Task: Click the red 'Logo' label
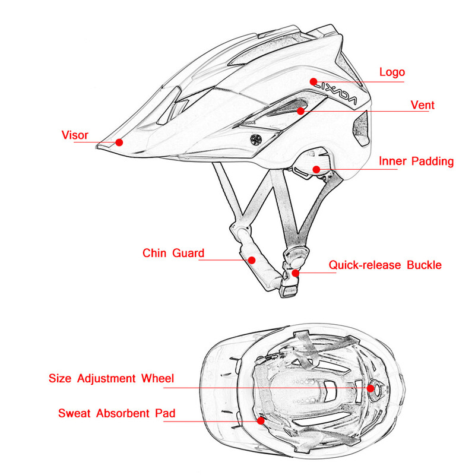click(x=392, y=72)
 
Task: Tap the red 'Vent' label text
click(x=423, y=105)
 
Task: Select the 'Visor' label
click(x=75, y=135)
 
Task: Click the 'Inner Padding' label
click(x=416, y=161)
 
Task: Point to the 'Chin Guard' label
click(x=173, y=253)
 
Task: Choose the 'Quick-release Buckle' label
click(x=385, y=265)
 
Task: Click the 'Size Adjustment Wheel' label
click(x=111, y=378)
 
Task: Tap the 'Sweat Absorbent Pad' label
click(x=117, y=413)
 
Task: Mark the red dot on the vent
click(x=301, y=110)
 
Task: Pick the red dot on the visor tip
click(x=119, y=142)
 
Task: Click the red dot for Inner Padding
click(x=316, y=169)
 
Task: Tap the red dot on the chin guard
click(x=252, y=259)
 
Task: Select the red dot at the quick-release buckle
click(x=295, y=273)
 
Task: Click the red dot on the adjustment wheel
click(x=372, y=388)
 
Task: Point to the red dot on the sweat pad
click(x=261, y=420)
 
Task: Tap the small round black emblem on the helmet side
click(x=256, y=140)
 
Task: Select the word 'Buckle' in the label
click(x=424, y=265)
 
